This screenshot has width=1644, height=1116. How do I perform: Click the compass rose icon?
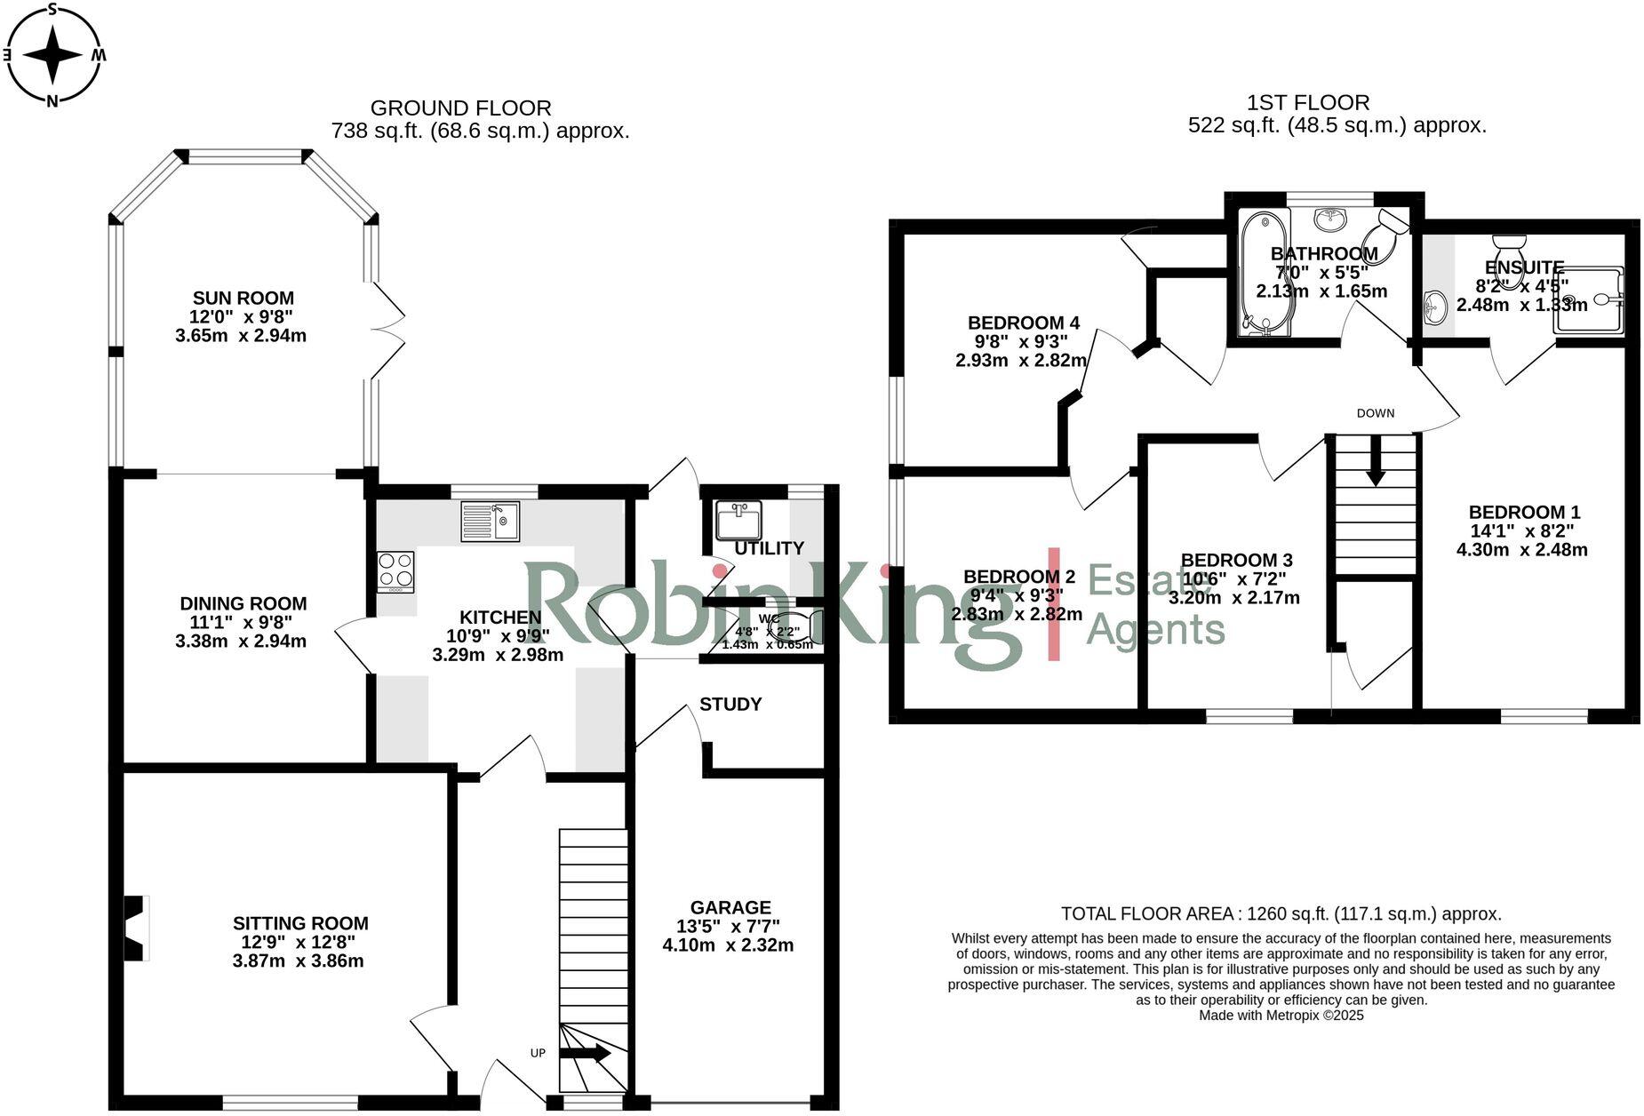pyautogui.click(x=52, y=54)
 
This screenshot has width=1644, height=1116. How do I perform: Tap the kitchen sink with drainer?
pyautogui.click(x=490, y=521)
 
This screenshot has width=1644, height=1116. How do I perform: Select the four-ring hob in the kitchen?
pyautogui.click(x=395, y=572)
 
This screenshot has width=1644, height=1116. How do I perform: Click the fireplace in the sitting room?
pyautogui.click(x=135, y=928)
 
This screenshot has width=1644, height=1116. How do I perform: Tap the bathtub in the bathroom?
pyautogui.click(x=1265, y=273)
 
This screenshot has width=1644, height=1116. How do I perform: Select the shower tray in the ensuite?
pyautogui.click(x=1588, y=300)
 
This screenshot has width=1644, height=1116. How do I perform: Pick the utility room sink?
pyautogui.click(x=738, y=521)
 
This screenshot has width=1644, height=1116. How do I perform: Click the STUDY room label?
pyautogui.click(x=730, y=705)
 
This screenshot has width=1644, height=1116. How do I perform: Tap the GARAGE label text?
pyautogui.click(x=730, y=907)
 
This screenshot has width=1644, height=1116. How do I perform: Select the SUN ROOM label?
pyautogui.click(x=243, y=299)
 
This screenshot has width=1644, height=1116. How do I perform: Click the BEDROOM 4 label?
pyautogui.click(x=1023, y=323)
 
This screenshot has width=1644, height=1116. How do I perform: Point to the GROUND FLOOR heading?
pyautogui.click(x=460, y=108)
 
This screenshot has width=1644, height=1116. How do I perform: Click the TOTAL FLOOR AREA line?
pyautogui.click(x=1281, y=913)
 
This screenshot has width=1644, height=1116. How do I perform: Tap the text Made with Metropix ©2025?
pyautogui.click(x=1281, y=1015)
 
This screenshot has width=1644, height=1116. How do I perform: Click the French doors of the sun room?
pyautogui.click(x=388, y=331)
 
